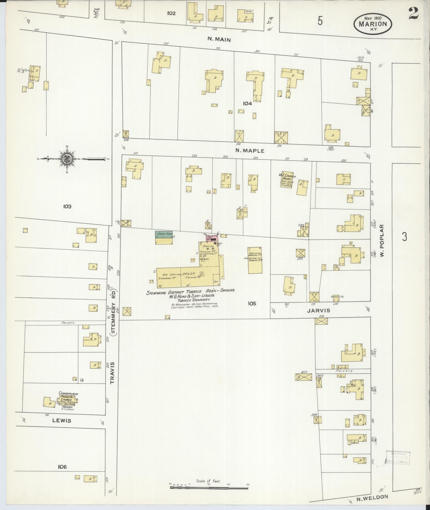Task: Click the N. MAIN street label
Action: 219,40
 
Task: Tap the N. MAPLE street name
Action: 250,151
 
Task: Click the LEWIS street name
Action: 62,420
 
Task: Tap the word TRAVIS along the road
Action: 112,372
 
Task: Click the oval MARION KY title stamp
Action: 373,23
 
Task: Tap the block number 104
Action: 247,103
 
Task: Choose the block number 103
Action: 67,206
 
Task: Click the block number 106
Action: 62,467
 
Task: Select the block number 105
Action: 252,303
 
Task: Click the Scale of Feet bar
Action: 209,488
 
